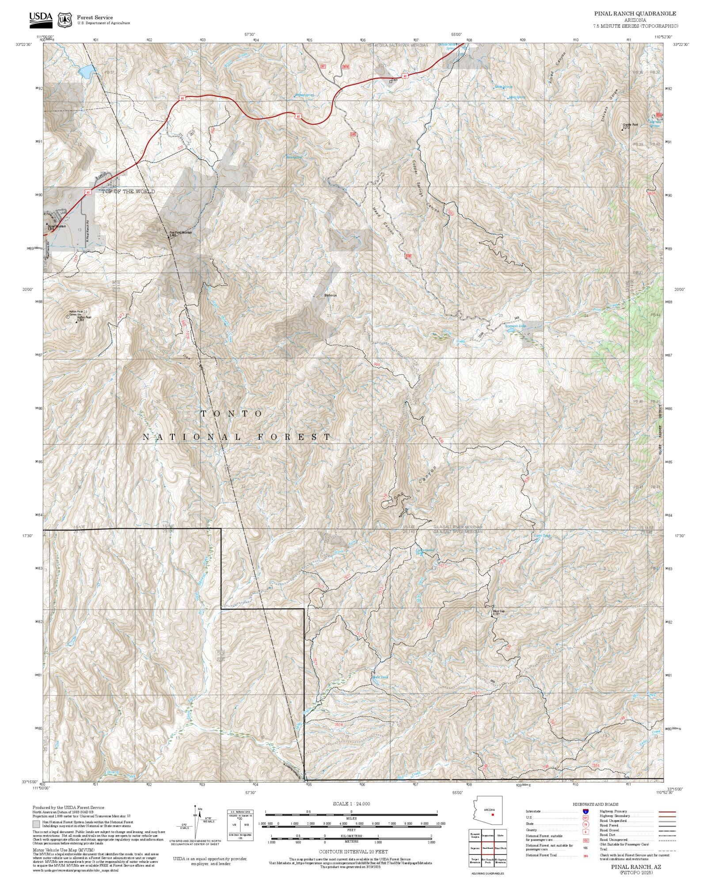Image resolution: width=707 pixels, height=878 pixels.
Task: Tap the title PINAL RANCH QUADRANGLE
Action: (635, 14)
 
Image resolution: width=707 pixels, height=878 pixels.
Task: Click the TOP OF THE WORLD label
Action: (128, 191)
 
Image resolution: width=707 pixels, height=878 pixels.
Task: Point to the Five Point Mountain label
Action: (180, 233)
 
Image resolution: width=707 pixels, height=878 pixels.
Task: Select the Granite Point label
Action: (631, 125)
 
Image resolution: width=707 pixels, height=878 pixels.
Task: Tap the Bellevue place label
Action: (330, 295)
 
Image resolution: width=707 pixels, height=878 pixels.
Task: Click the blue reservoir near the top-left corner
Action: (87, 70)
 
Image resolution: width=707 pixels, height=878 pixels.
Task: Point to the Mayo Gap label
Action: (498, 611)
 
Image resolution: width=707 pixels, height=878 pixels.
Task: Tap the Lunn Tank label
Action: (542, 535)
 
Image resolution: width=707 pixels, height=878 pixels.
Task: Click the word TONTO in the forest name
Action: (232, 413)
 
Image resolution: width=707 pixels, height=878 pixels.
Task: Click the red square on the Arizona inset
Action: (492, 814)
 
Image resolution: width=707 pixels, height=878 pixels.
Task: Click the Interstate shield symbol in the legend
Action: (585, 812)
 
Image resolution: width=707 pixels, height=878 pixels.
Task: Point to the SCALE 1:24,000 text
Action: (351, 804)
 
